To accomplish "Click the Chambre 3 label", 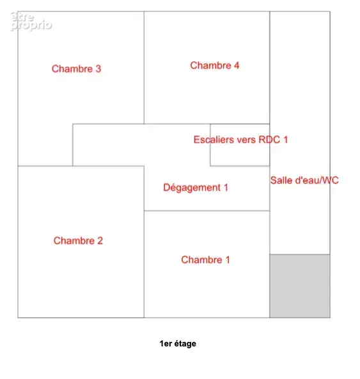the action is click(x=76, y=69).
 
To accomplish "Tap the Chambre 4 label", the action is click(x=215, y=65).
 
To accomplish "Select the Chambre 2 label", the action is click(x=78, y=241).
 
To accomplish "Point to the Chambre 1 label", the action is click(x=205, y=260).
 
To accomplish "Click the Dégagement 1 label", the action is click(x=196, y=187).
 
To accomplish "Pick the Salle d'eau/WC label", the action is click(x=304, y=180).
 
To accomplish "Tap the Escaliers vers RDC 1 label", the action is click(x=241, y=140).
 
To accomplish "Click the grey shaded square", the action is click(x=300, y=286).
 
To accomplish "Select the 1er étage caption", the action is click(x=178, y=343).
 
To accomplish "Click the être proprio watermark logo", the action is click(x=31, y=21).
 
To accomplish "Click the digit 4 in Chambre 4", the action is click(x=237, y=65).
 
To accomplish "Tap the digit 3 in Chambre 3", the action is click(x=98, y=69).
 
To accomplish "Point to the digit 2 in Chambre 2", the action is click(x=100, y=241).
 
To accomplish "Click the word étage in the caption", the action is click(x=185, y=344).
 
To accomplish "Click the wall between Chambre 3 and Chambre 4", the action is click(x=144, y=68).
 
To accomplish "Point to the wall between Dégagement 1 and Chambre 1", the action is click(x=207, y=211).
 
